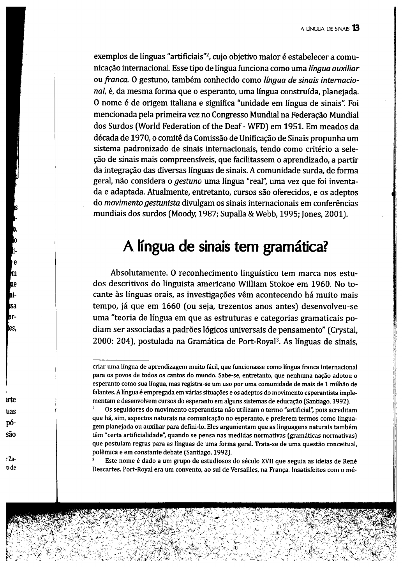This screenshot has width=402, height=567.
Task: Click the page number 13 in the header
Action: click(x=355, y=28)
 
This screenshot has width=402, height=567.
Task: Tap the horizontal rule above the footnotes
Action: click(x=121, y=360)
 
